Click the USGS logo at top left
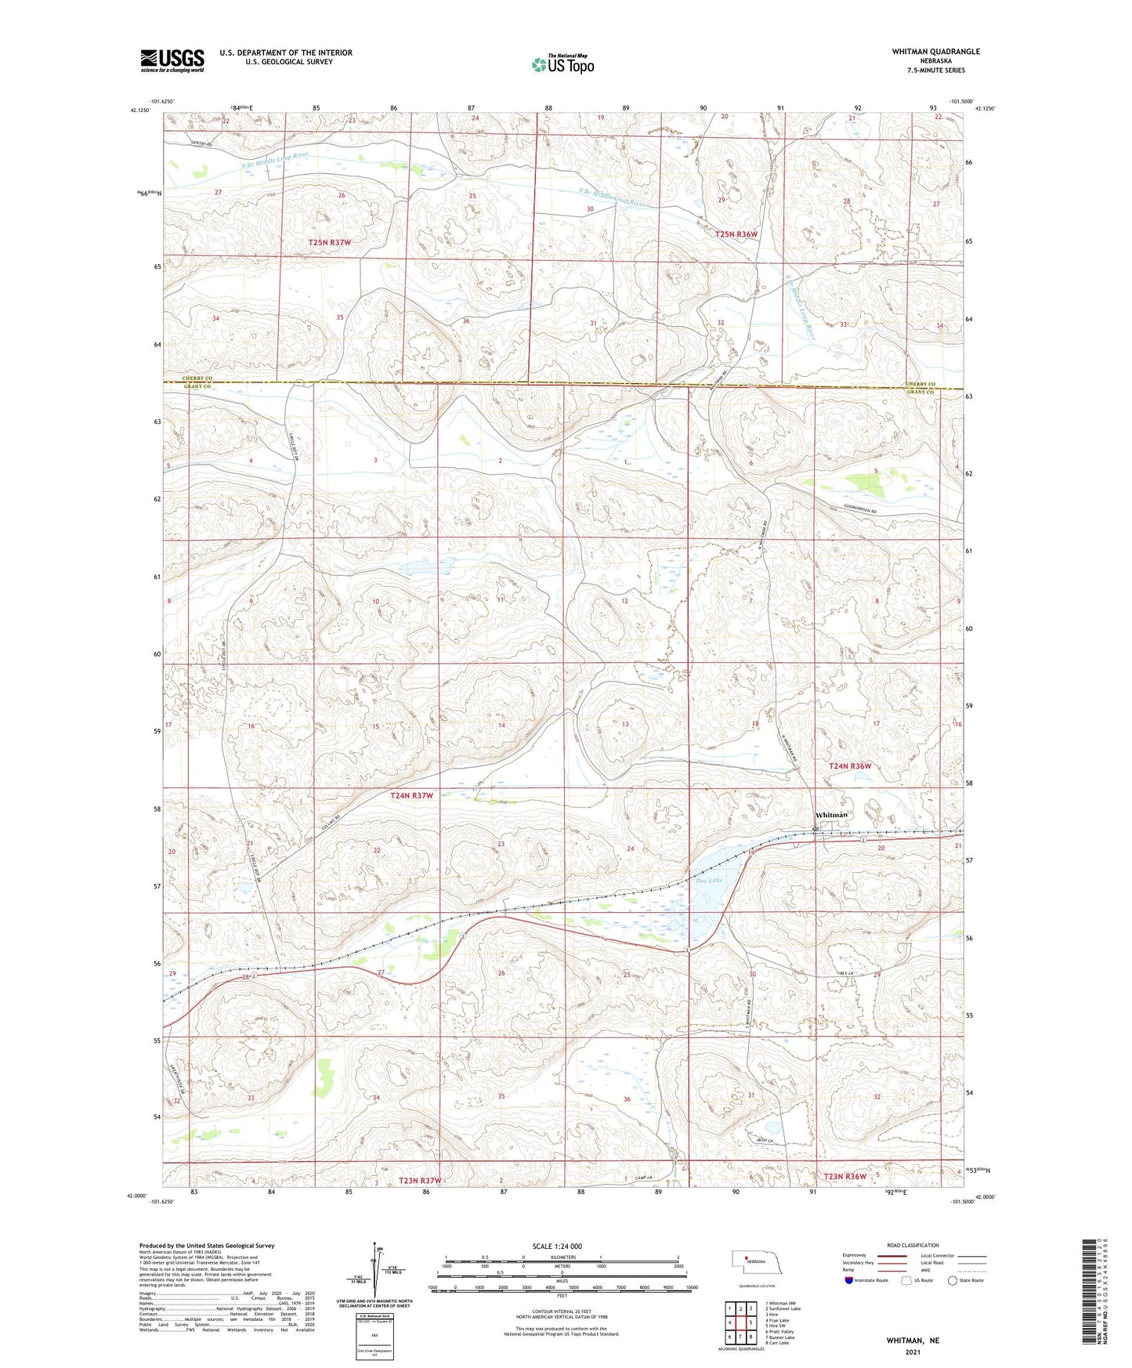172,60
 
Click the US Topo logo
562,64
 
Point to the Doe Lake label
709,881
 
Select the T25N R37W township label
329,243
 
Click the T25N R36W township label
736,234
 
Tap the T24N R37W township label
411,795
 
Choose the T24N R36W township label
849,765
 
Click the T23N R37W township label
420,1180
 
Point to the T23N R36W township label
844,1176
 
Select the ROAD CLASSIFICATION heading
913,1245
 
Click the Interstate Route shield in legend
849,1280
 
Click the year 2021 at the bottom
913,1352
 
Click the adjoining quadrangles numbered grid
740,1324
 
